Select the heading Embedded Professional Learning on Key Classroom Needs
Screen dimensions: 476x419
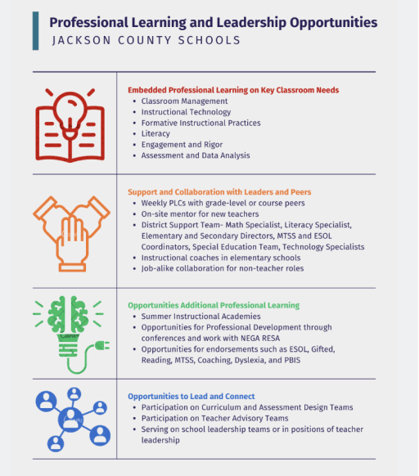point(233,90)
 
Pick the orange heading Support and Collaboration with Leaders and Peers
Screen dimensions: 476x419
point(219,192)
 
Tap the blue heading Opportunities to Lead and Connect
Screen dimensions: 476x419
point(191,396)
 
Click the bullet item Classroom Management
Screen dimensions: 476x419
point(184,101)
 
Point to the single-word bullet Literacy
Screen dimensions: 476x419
point(155,133)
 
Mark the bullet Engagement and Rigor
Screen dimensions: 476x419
point(181,144)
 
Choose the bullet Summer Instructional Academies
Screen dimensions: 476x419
point(200,316)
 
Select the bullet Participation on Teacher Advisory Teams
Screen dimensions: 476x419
point(221,418)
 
